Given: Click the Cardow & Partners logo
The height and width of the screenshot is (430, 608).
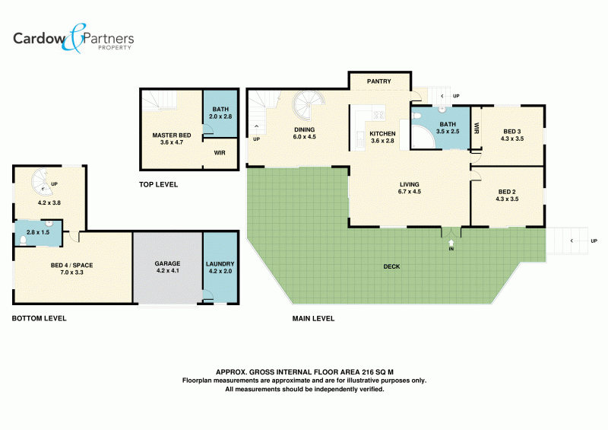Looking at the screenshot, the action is point(73,39).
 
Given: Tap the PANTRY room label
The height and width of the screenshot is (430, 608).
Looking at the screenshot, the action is point(378,81).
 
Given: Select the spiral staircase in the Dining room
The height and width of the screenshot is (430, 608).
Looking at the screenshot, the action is point(309,106).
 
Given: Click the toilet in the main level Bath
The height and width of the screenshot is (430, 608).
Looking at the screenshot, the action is point(416,116).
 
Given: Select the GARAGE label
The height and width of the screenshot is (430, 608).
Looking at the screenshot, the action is point(167,263).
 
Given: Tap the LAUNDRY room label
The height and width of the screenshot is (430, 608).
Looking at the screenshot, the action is point(220,264).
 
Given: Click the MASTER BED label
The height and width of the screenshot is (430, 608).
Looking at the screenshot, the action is point(172,135).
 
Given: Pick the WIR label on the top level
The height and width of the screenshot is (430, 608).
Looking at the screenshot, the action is point(220,153).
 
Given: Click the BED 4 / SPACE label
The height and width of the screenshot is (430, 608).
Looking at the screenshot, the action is point(71,266).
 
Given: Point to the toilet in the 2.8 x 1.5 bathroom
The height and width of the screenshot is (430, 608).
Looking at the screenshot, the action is point(23,240).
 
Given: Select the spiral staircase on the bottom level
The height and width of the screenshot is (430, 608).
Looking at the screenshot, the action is point(42,182).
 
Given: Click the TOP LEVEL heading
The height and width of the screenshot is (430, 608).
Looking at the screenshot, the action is point(159,184).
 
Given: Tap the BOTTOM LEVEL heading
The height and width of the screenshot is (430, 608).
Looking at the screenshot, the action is point(40,319).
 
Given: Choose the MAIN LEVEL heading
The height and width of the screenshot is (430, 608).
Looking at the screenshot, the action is point(313,319).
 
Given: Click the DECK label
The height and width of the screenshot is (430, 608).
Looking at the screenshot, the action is point(391,266).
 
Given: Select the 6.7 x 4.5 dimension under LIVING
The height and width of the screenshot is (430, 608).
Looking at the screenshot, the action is point(410,192).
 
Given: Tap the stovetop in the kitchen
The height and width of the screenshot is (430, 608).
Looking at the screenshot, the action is point(378,115).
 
